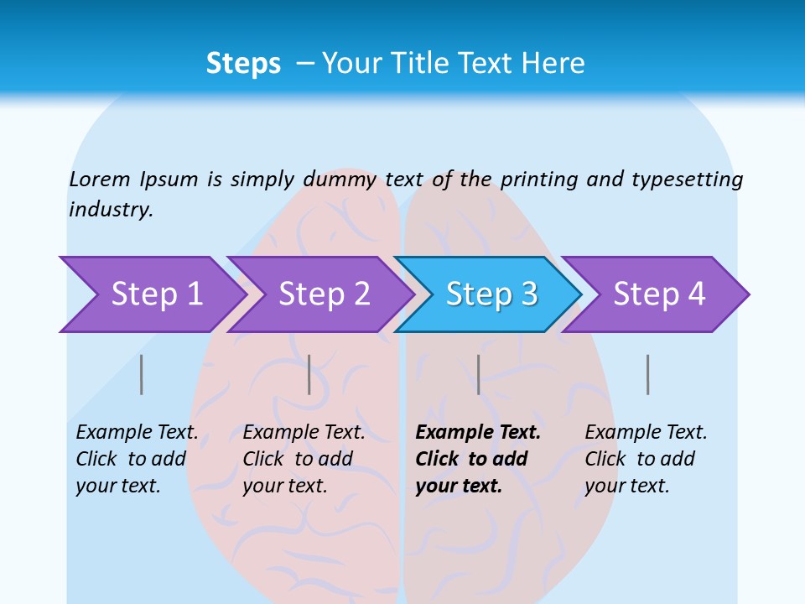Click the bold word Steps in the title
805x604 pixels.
click(x=243, y=64)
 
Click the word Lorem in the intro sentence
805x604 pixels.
click(x=100, y=179)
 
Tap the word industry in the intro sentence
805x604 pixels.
click(x=111, y=210)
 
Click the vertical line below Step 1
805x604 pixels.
click(x=142, y=374)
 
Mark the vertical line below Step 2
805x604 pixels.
click(x=309, y=374)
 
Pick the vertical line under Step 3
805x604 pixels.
click(x=478, y=374)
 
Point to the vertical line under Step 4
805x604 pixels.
click(x=647, y=374)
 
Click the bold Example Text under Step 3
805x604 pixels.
click(x=478, y=432)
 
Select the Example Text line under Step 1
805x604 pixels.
click(x=138, y=432)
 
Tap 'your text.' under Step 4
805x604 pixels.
click(x=626, y=486)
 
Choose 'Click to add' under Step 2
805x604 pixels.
click(x=298, y=459)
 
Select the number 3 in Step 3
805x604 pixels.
click(x=528, y=294)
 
